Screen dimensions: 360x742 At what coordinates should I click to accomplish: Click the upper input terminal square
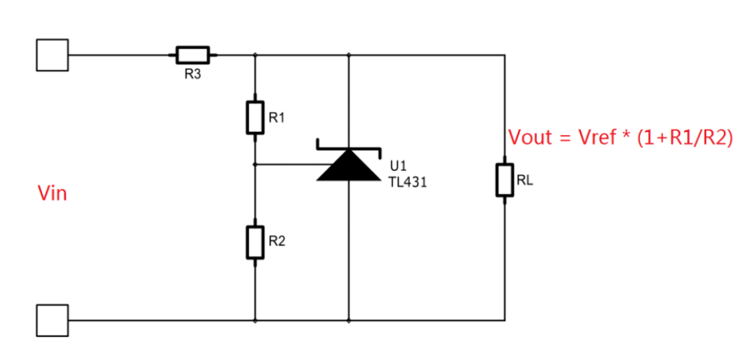pos(52,55)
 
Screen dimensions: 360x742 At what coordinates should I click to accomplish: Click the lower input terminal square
pos(52,320)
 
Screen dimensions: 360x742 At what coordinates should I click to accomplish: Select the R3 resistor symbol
pos(193,55)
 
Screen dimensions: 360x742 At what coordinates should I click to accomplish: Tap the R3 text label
pos(193,75)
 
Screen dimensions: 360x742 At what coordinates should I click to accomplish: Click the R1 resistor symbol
pos(256,118)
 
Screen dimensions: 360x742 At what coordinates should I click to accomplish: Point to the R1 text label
pos(277,118)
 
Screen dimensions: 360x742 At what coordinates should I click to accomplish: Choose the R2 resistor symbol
pos(256,242)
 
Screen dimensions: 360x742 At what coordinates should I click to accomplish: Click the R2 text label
pos(277,241)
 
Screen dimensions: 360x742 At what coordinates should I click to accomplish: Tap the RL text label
pos(525,180)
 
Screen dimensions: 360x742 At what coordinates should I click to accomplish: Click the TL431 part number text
pos(408,181)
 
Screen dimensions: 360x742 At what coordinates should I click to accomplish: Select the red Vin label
pos(52,194)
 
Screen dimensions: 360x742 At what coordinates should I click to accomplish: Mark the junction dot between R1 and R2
pos(256,164)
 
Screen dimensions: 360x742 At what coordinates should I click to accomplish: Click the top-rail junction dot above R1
pos(256,55)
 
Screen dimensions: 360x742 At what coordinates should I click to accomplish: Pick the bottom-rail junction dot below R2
pos(256,320)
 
